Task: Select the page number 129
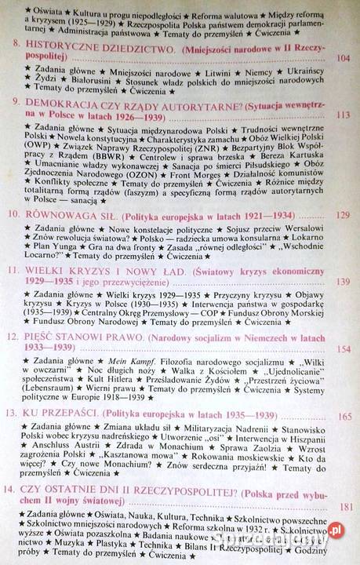(x=343, y=215)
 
